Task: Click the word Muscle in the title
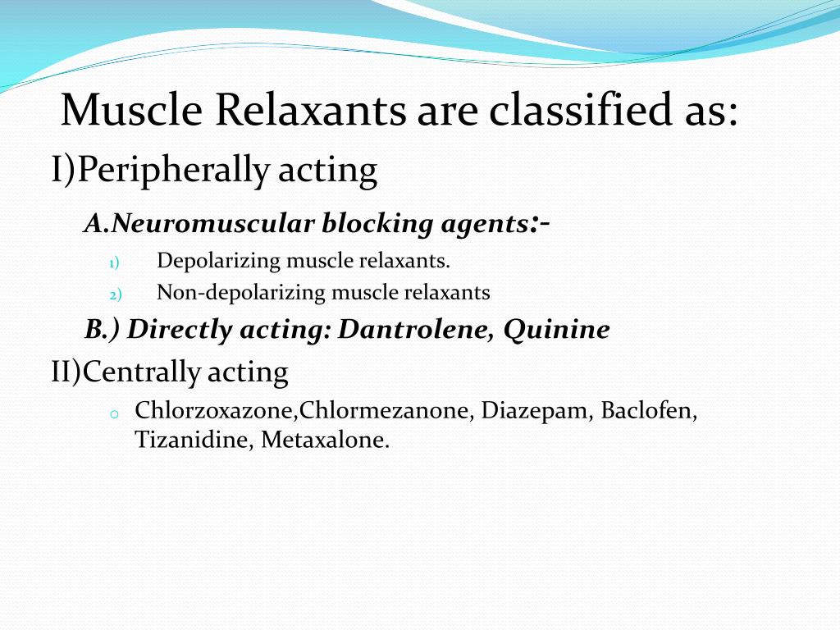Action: tap(130, 109)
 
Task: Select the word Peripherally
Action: tap(174, 170)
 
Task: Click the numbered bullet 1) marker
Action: tap(114, 263)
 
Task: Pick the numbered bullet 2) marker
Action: tap(114, 294)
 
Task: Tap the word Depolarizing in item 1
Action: tap(219, 262)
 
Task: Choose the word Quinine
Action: tap(557, 330)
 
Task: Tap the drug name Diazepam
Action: tap(534, 410)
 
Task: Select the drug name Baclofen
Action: tap(648, 410)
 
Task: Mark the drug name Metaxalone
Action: tap(325, 440)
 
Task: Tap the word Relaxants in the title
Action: tap(312, 109)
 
